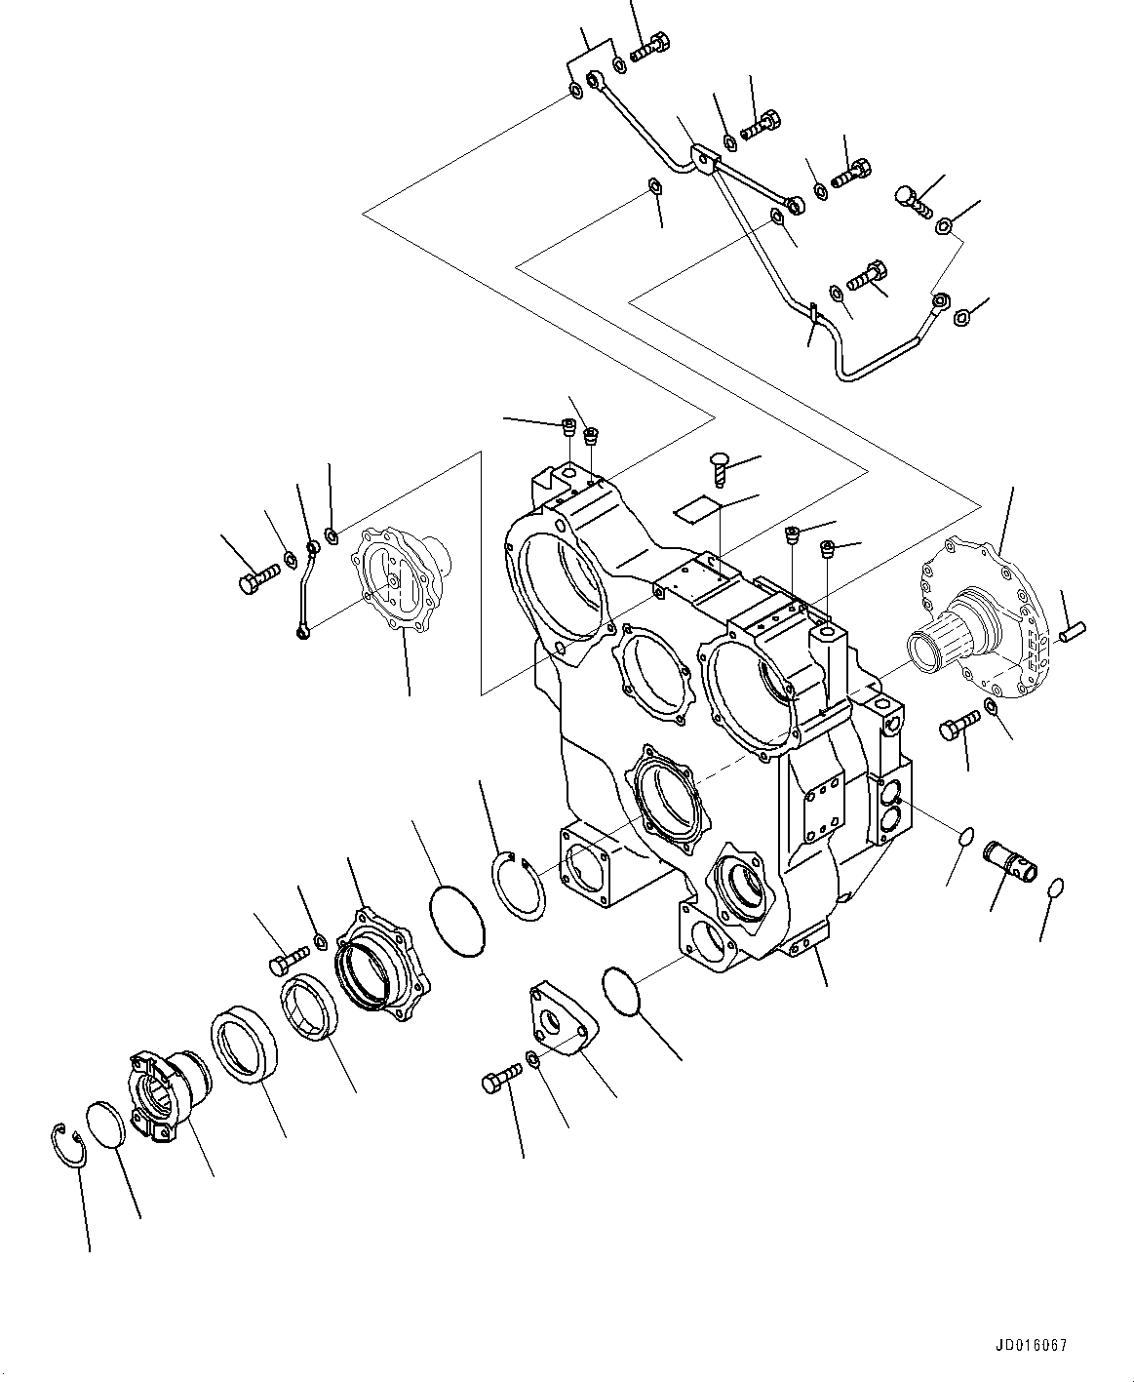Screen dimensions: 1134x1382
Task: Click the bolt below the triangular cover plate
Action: coord(502,1078)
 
